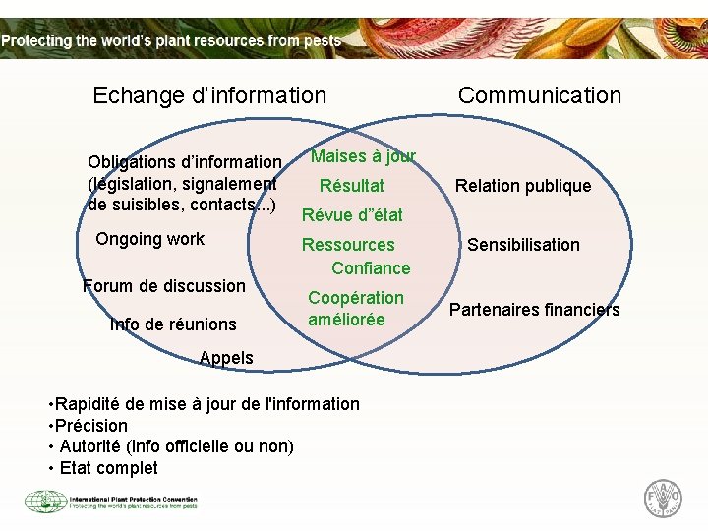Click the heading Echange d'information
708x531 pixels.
[x=208, y=95]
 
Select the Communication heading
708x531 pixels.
[x=540, y=95]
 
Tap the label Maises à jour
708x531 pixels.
[x=363, y=156]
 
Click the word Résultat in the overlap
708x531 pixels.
[x=352, y=186]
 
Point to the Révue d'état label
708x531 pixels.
[x=352, y=215]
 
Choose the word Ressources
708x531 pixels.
[x=348, y=245]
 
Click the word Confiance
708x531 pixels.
[x=371, y=268]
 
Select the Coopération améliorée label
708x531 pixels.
[x=355, y=309]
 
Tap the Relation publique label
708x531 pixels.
[x=522, y=186]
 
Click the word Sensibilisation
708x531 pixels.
[x=523, y=245]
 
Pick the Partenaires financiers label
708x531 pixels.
[x=534, y=310]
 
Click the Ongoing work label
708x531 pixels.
[x=149, y=239]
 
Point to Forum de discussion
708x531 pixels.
[x=164, y=286]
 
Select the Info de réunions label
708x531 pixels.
[x=173, y=324]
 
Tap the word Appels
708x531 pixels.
[x=226, y=358]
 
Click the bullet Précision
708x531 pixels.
[x=90, y=426]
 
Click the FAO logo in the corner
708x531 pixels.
[x=662, y=498]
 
